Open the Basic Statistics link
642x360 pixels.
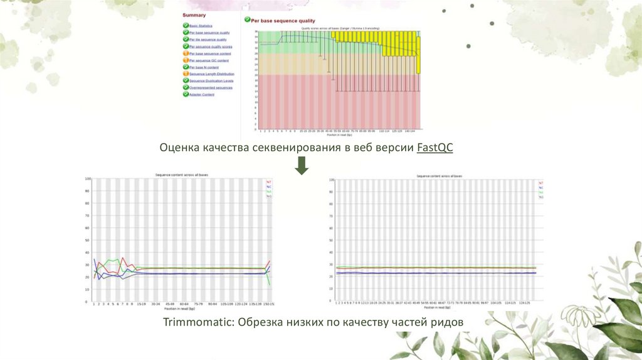(201, 26)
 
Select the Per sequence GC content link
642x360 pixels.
(209, 60)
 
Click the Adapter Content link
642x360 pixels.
(202, 95)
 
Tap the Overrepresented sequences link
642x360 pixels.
(211, 88)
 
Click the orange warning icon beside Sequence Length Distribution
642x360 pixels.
(186, 74)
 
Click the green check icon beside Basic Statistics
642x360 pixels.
(186, 26)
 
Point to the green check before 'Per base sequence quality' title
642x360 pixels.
(248, 21)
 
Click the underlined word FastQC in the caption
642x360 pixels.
(434, 148)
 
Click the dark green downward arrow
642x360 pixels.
(302, 166)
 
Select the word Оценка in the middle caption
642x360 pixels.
(179, 148)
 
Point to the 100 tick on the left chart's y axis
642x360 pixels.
(88, 179)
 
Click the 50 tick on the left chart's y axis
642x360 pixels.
(89, 240)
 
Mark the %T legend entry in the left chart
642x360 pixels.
(269, 182)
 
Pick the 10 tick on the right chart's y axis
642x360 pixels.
(332, 289)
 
